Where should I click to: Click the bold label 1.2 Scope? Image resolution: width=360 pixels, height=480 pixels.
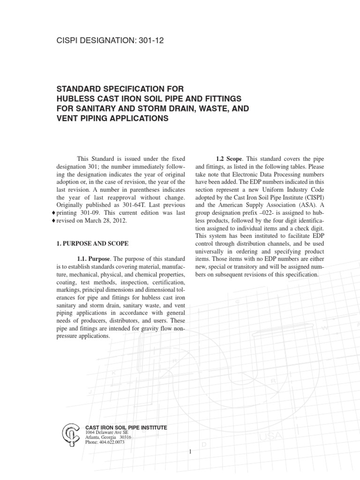coord(228,158)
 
